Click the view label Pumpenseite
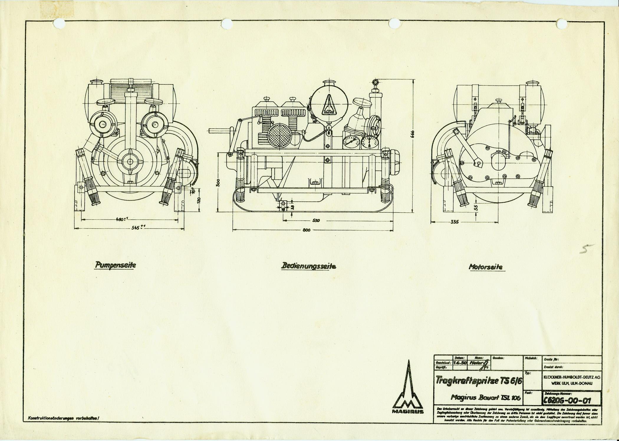(115, 265)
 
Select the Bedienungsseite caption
(308, 266)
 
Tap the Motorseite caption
(486, 267)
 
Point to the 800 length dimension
(306, 230)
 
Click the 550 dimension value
(316, 220)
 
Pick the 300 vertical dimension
(218, 183)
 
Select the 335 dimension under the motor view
(455, 222)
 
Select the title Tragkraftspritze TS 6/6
(479, 381)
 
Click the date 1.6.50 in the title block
(460, 363)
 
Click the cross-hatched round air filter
(279, 135)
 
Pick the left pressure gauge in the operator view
(351, 142)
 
